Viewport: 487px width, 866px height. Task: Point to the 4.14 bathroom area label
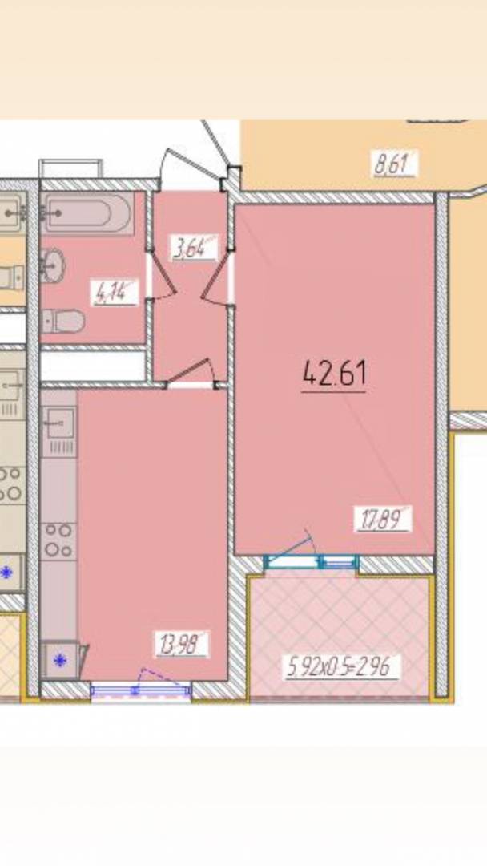pos(115,293)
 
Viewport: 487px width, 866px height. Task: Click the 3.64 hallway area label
pos(194,248)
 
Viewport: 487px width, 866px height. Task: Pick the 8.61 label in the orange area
pos(394,164)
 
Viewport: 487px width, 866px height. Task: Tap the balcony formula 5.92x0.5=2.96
pos(341,667)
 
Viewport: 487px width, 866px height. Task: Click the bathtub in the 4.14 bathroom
pos(87,212)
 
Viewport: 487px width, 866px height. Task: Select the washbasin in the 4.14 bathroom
pos(53,265)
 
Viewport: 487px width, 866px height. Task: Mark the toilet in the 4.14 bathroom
pos(63,321)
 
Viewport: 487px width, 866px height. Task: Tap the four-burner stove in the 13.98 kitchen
pos(59,540)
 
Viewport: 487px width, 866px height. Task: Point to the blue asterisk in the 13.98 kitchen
pos(59,659)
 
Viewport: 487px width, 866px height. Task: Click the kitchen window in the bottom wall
pos(141,690)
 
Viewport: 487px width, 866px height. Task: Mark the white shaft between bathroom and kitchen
pos(93,366)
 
